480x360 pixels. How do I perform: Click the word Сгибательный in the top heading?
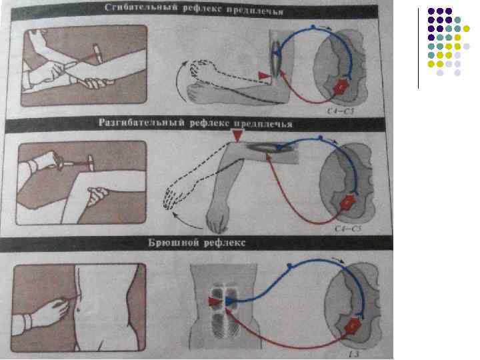coord(141,8)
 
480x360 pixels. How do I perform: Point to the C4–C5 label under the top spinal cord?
coord(340,111)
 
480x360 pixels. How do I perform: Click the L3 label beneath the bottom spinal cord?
coord(353,354)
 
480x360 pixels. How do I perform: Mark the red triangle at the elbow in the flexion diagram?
coord(264,75)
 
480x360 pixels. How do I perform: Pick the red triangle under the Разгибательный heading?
coord(237,135)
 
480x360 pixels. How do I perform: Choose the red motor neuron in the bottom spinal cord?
coord(354,326)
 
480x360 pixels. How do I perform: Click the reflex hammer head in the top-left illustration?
coord(97,53)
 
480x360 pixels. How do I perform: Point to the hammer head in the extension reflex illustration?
coord(91,163)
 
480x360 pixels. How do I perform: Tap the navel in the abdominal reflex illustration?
coord(79,310)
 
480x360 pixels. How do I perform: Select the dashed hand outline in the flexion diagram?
coord(199,70)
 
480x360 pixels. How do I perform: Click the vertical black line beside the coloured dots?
coord(419,49)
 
